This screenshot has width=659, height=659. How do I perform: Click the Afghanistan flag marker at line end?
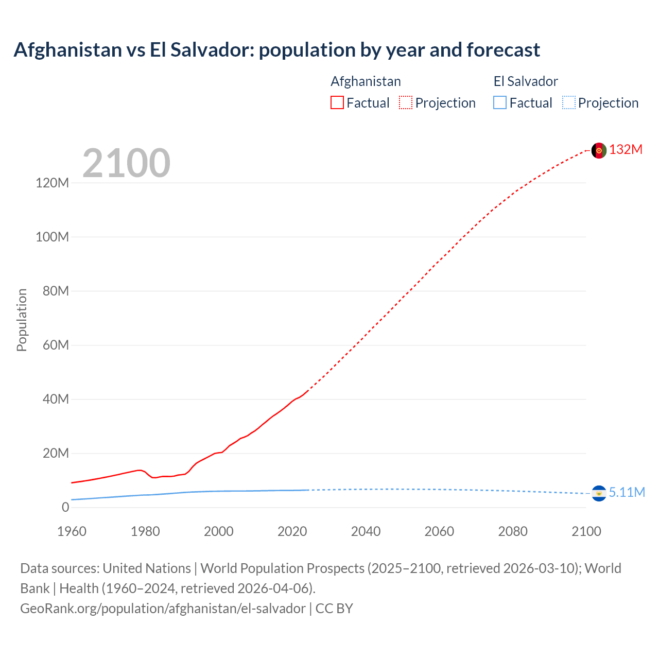click(x=599, y=150)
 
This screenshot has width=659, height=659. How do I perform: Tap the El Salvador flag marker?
click(x=599, y=493)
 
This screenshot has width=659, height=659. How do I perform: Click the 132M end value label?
click(x=626, y=150)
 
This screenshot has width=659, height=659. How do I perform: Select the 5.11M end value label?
click(x=627, y=493)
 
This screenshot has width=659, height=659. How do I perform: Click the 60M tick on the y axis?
click(x=56, y=345)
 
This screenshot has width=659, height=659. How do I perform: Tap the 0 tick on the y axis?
click(x=65, y=507)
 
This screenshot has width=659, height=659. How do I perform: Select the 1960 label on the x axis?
click(x=72, y=531)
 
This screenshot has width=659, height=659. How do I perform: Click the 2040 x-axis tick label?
click(x=366, y=531)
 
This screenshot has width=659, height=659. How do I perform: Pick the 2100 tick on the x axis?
click(x=586, y=531)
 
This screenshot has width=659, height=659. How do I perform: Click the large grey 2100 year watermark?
click(x=126, y=163)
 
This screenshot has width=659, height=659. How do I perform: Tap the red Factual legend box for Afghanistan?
click(x=337, y=103)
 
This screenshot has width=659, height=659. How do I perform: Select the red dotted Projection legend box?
click(x=406, y=103)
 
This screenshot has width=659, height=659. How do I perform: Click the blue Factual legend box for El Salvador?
click(x=500, y=103)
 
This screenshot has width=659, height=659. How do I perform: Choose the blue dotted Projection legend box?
click(x=568, y=103)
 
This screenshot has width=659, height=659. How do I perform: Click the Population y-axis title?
click(x=22, y=320)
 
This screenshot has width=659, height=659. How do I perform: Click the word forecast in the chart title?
click(x=503, y=50)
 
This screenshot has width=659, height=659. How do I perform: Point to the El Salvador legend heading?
click(x=525, y=81)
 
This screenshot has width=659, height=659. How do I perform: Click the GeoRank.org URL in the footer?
click(x=163, y=609)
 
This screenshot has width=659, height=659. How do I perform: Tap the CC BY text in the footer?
click(x=334, y=609)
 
